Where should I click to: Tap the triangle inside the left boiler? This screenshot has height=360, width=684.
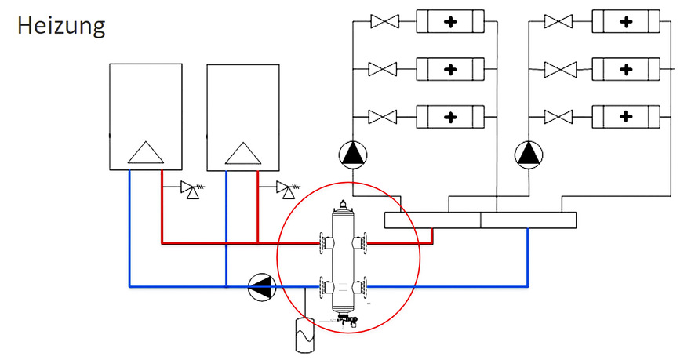[x=145, y=152]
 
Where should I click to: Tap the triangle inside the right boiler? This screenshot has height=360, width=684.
[x=242, y=152]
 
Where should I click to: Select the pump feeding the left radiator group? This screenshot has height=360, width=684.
[x=353, y=154]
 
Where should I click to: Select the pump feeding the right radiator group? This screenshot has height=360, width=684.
[x=529, y=154]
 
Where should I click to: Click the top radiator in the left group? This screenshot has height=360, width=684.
[x=449, y=21]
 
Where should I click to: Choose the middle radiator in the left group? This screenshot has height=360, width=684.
[x=449, y=70]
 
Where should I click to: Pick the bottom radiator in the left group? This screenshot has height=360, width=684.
[x=449, y=118]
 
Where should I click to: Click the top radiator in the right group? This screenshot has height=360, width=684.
[x=625, y=21]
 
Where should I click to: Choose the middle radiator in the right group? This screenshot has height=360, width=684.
[x=625, y=70]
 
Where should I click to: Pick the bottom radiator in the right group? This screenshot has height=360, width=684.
[x=625, y=118]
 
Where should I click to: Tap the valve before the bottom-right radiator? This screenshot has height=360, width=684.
[x=559, y=118]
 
